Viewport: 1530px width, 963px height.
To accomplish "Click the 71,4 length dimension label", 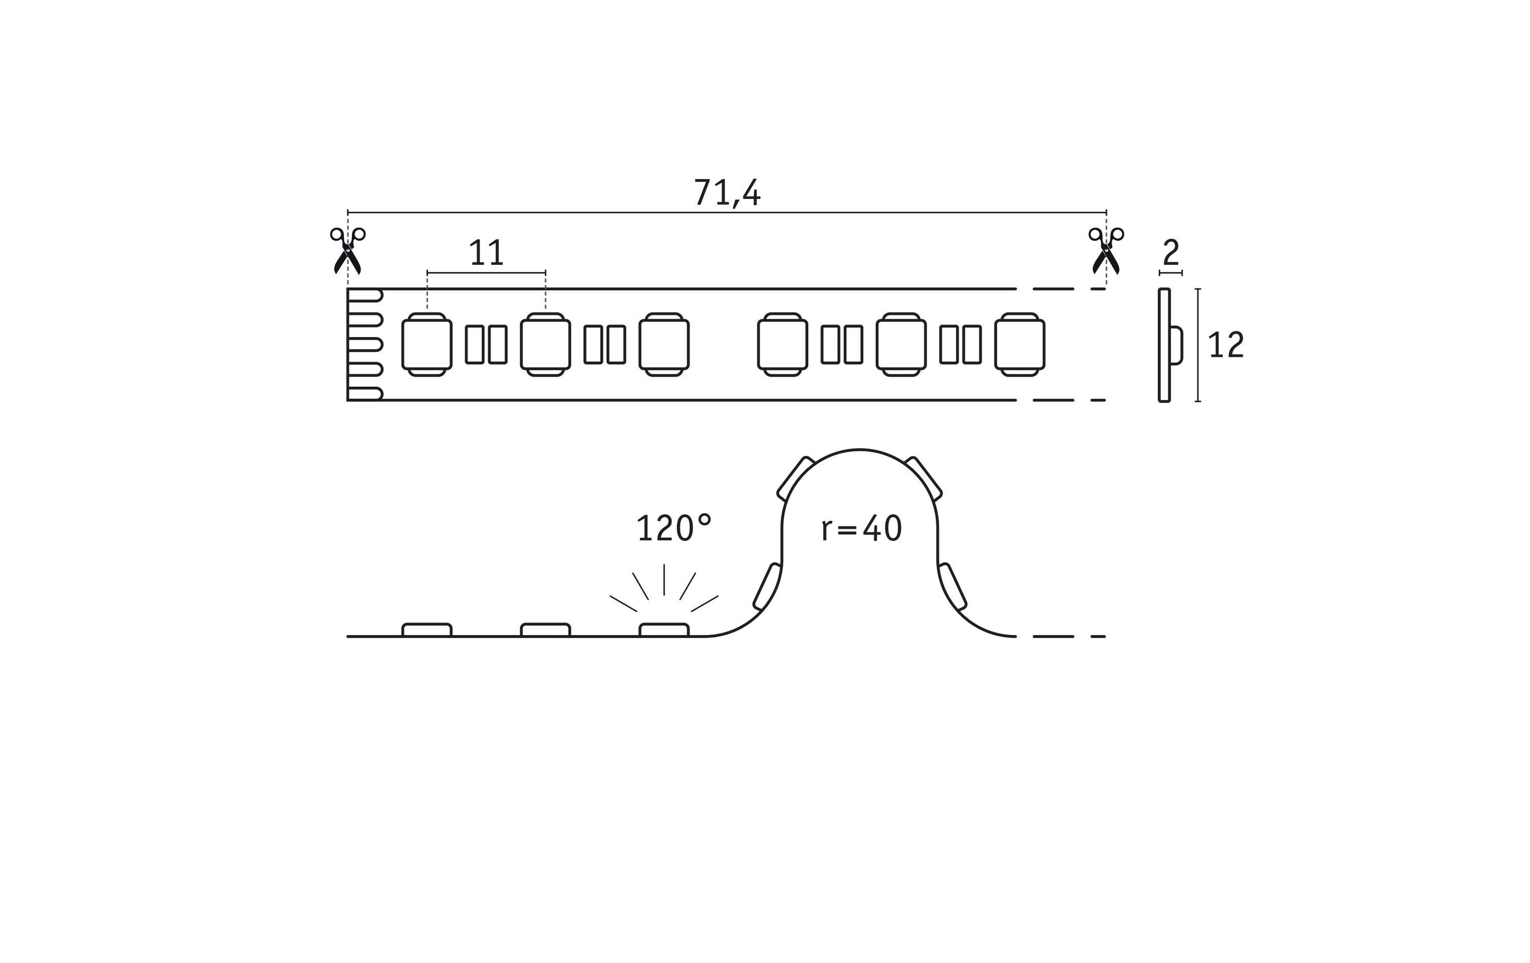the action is click(x=726, y=193).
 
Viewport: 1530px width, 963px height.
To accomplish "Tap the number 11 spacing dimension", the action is click(x=486, y=253).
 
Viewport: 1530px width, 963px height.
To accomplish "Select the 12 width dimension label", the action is click(x=1226, y=345).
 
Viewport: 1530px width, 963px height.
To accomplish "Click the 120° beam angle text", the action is click(x=674, y=528).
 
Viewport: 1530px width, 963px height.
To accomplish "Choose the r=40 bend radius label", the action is click(x=861, y=529).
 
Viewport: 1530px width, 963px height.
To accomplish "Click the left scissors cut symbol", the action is click(x=347, y=250).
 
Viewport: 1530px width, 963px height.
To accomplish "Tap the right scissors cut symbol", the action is click(x=1106, y=250).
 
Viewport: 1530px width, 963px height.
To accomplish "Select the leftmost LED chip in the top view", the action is click(x=427, y=344).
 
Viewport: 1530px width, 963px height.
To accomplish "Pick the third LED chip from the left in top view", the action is click(x=664, y=344).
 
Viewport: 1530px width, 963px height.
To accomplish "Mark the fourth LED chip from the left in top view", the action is click(x=783, y=344).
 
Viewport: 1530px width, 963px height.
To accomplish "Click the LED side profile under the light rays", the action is click(x=664, y=630).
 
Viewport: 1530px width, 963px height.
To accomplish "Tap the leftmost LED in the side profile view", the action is click(x=427, y=630).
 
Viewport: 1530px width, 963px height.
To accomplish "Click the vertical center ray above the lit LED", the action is click(x=664, y=580).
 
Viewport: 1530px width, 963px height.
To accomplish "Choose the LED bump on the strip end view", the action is click(x=1176, y=345).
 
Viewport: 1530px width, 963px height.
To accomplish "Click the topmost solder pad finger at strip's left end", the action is click(x=365, y=295).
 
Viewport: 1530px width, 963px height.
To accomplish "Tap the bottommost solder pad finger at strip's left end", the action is click(x=365, y=393).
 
